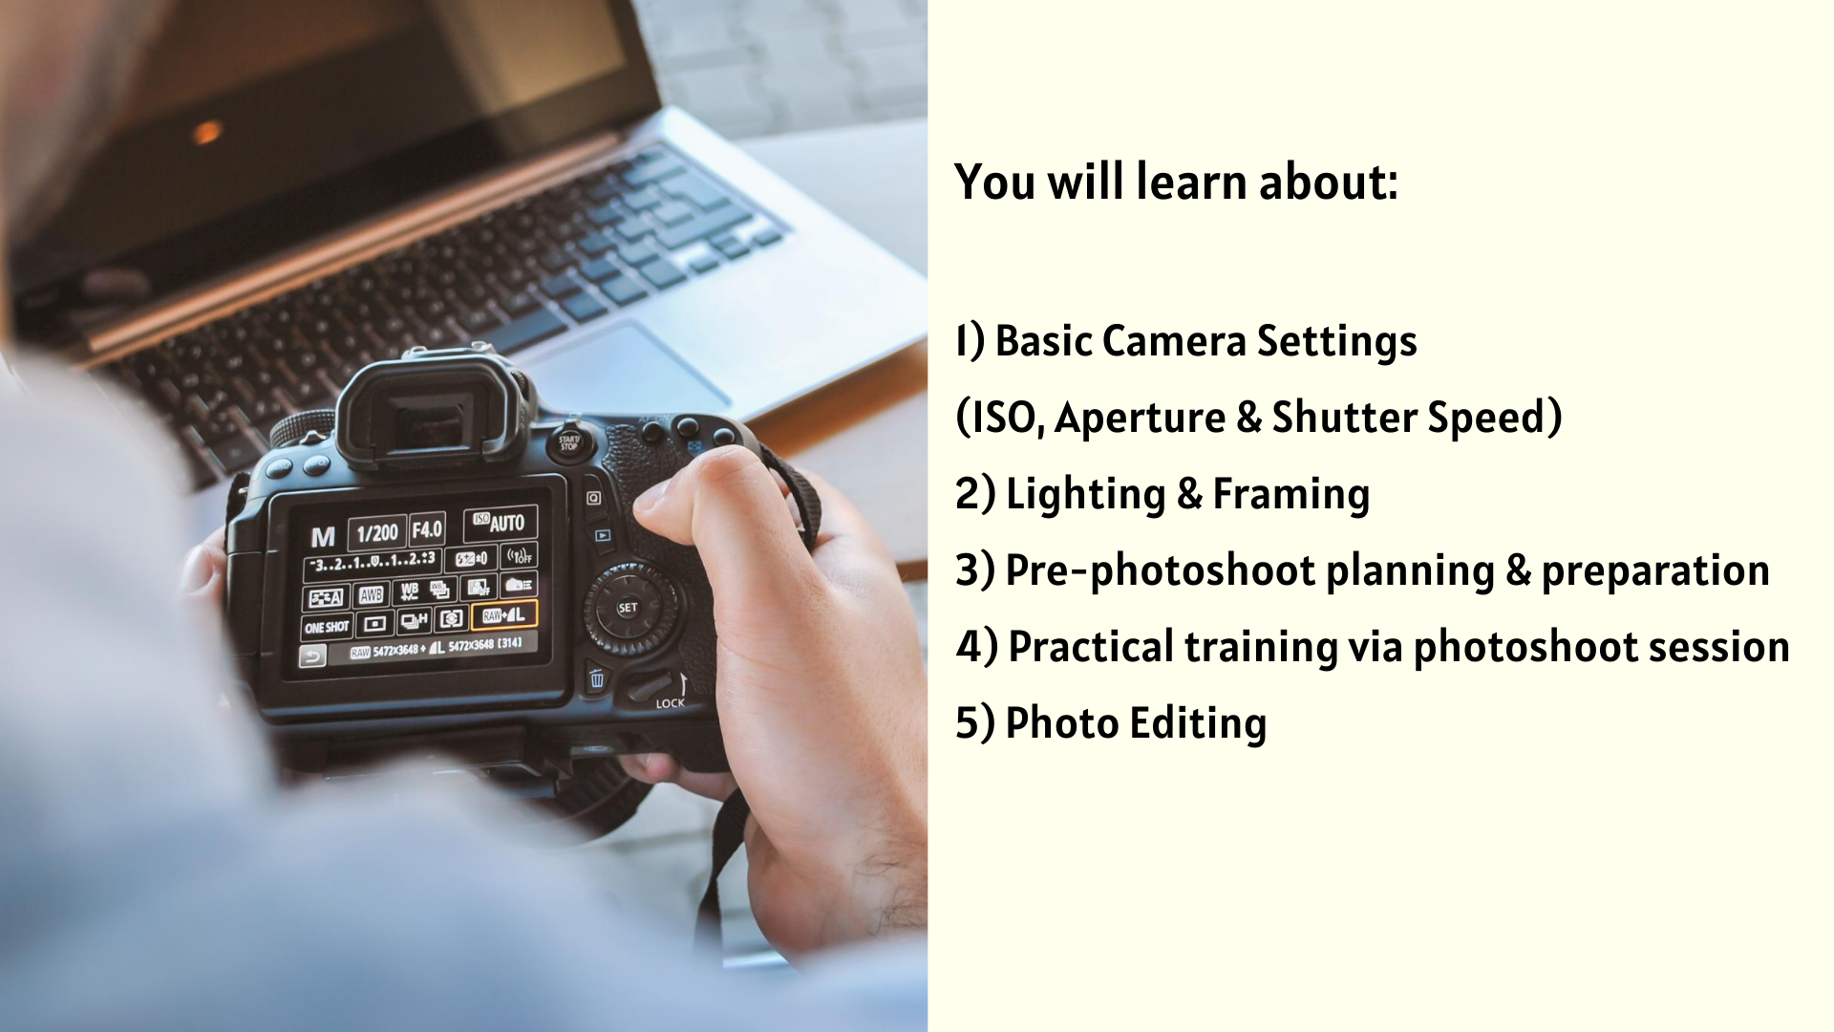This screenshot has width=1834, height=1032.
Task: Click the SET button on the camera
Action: point(628,608)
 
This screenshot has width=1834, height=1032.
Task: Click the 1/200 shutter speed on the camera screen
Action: point(377,533)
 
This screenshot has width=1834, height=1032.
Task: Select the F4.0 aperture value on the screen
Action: point(427,529)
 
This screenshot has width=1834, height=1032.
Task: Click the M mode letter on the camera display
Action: point(323,537)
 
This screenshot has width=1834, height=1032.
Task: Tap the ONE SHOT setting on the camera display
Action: point(327,628)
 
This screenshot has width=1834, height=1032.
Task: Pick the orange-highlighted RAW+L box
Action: point(503,615)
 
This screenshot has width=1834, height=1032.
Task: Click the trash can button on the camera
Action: point(596,679)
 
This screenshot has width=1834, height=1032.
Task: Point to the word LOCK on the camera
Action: point(670,703)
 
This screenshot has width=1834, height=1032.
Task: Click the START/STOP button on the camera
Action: point(569,442)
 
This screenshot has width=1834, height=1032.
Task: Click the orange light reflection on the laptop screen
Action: point(206,131)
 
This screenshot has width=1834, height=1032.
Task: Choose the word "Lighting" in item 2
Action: point(1086,495)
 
